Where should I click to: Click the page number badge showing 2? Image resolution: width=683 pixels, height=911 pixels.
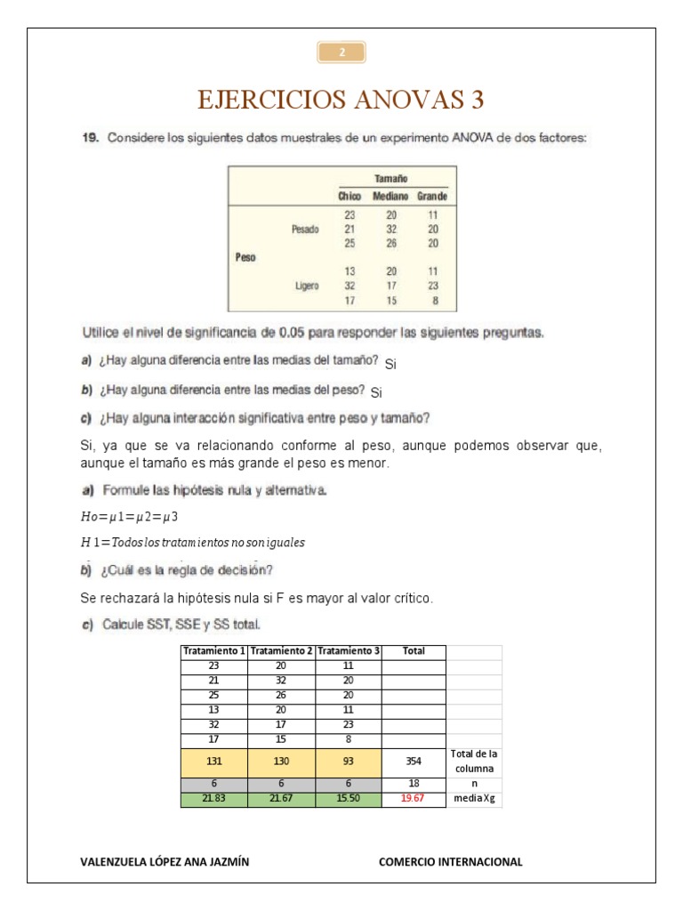point(341,52)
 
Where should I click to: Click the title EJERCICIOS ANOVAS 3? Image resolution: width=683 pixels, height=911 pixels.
point(341,100)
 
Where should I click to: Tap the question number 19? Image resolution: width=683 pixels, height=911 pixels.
point(89,139)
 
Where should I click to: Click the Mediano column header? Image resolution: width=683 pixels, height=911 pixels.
point(390,196)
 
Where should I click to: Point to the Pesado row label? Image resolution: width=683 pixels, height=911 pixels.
point(304,229)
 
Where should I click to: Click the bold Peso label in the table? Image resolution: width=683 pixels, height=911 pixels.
point(245,257)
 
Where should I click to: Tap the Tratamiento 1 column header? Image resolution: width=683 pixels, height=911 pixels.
point(214,651)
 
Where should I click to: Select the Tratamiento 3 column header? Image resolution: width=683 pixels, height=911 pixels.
point(348,651)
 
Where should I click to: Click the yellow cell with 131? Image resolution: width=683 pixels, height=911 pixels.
point(214,762)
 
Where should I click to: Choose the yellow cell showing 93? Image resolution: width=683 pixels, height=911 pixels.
point(348,762)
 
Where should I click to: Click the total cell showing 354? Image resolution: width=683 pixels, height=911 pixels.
point(414,762)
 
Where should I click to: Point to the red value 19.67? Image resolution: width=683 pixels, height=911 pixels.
point(414,799)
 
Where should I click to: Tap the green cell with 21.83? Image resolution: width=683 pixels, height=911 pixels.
point(214,799)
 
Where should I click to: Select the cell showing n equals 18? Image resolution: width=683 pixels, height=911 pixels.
point(414,784)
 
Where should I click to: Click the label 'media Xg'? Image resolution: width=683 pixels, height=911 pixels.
point(474,799)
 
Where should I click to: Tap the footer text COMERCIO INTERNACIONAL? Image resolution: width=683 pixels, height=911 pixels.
point(450,861)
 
